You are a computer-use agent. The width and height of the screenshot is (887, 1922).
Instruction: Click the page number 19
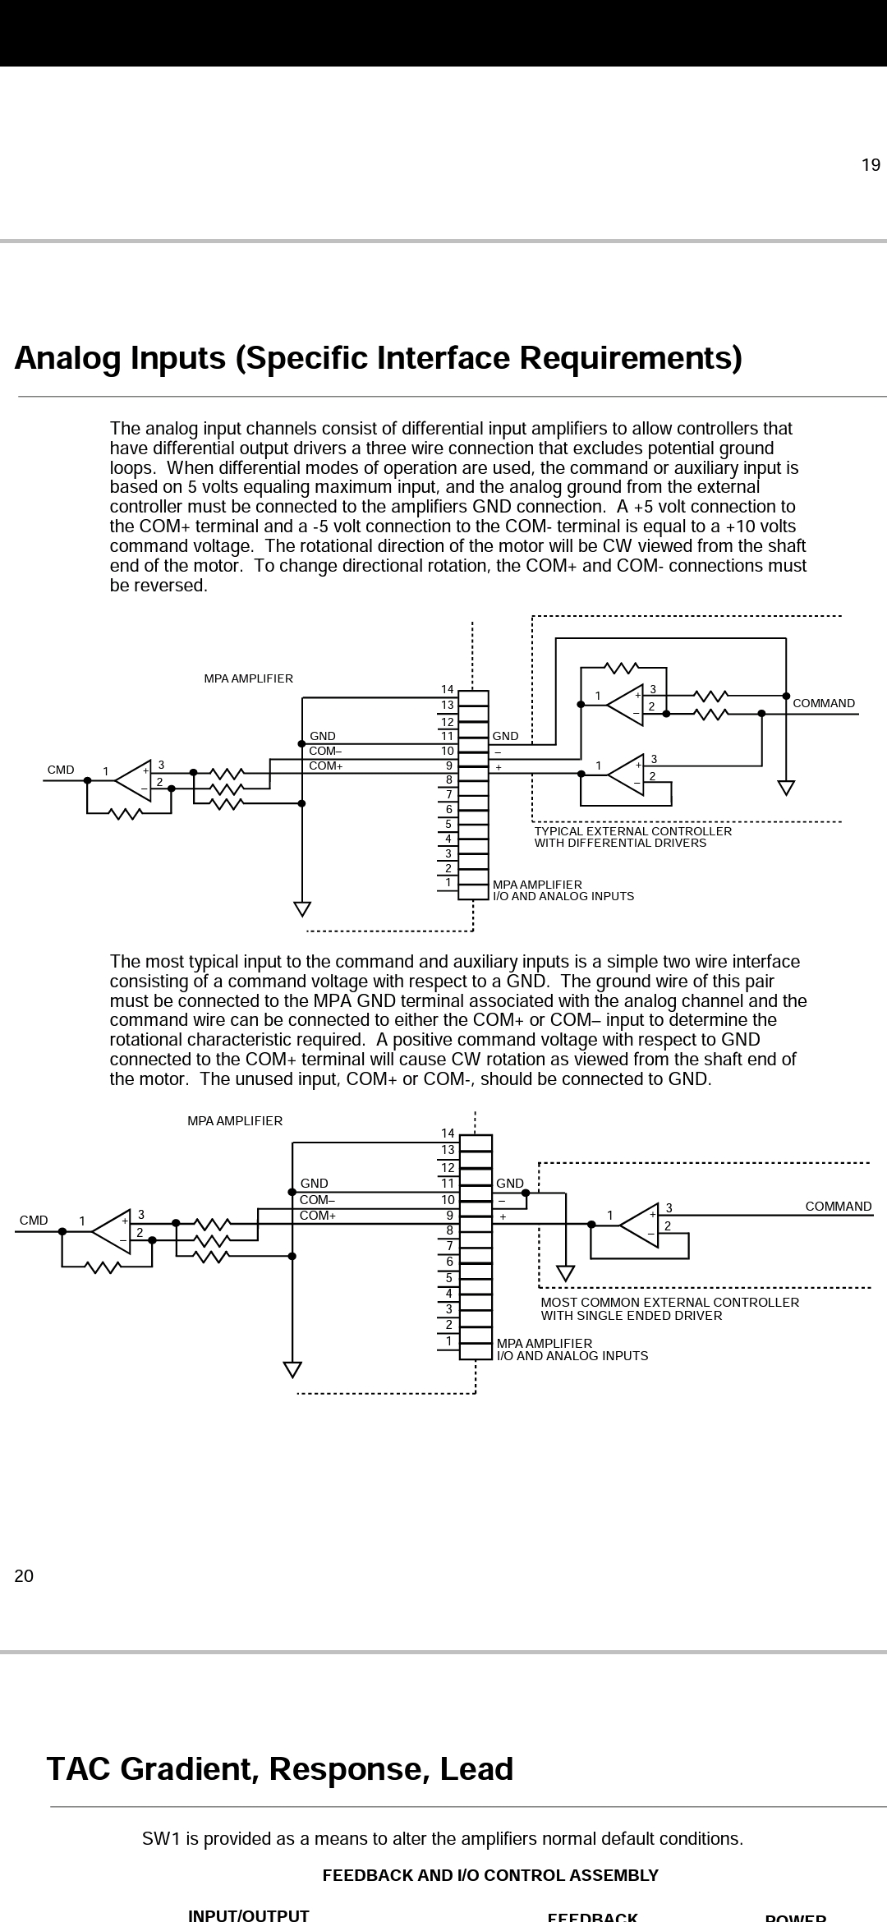coord(871,165)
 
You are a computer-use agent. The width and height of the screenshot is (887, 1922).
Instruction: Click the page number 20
coord(24,1576)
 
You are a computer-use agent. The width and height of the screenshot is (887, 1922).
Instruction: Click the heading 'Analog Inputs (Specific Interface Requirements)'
coord(379,359)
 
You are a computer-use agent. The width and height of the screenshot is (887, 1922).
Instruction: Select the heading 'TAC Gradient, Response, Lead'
coord(280,1768)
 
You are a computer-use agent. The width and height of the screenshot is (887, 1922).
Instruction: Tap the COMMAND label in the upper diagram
coord(824,704)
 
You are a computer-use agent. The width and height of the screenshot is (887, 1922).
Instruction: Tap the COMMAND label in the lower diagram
coord(839,1207)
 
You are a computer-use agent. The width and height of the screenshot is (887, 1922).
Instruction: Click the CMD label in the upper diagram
coord(61,770)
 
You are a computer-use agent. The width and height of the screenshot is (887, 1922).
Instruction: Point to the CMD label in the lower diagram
coord(34,1221)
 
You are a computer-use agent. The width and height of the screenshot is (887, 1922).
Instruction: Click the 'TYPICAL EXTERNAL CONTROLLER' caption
coord(633,831)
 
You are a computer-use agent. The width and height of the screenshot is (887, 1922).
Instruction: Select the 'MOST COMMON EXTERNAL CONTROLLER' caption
coord(670,1303)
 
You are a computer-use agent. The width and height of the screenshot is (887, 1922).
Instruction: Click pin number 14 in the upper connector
coord(448,689)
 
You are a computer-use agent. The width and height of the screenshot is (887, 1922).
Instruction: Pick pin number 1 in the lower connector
coord(449,1341)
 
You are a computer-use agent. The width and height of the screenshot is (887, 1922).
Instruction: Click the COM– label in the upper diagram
coord(325,751)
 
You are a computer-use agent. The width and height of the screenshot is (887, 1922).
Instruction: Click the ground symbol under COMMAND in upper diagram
coord(786,789)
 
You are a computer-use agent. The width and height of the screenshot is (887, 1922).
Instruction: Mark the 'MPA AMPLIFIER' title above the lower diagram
coord(235,1121)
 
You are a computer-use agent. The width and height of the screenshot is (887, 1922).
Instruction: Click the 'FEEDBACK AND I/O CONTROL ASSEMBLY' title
coord(490,1875)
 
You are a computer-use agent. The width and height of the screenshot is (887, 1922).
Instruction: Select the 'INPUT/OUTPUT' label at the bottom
coord(249,1915)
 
